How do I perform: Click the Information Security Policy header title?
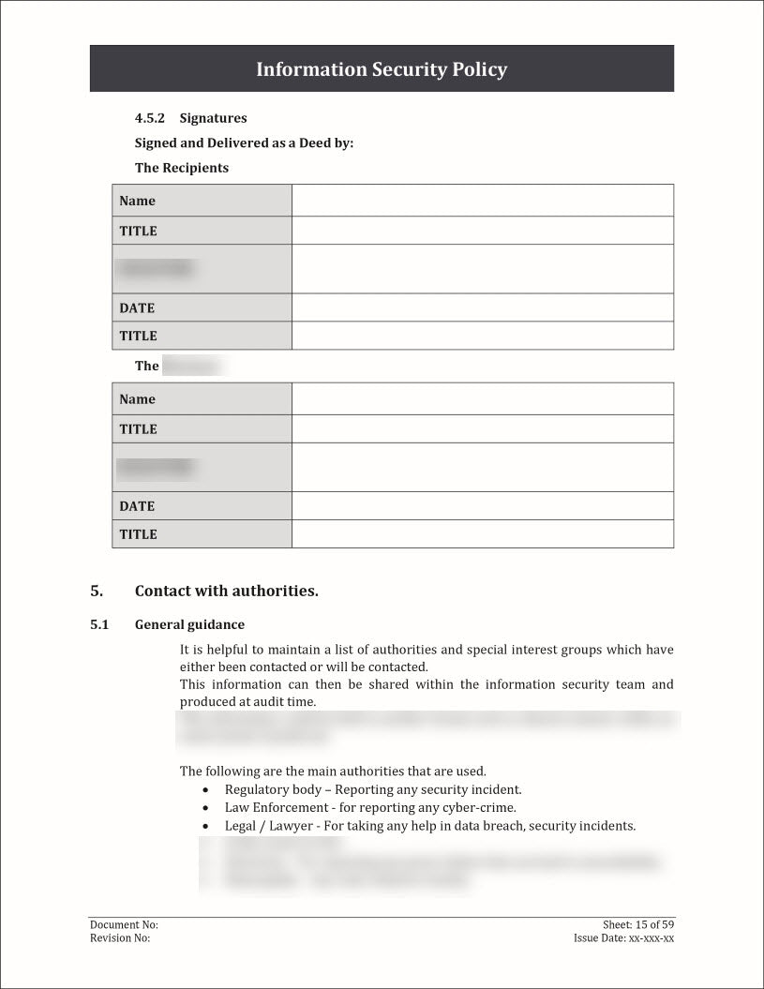pos(382,69)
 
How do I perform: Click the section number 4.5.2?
pos(149,118)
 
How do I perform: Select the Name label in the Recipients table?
pos(137,201)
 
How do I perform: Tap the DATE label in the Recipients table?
pos(137,307)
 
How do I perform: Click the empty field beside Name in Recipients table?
pos(482,201)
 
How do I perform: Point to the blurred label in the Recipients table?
pos(156,269)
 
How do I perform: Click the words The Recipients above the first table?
pos(182,168)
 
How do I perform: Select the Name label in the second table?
pos(137,399)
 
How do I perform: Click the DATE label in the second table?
pos(137,506)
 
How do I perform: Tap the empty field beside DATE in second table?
pos(482,506)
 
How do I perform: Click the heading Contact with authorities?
pos(227,591)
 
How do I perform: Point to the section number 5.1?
pos(99,624)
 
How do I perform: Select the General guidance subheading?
pos(189,624)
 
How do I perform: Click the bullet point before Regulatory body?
pos(205,790)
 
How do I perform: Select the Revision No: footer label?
pos(120,937)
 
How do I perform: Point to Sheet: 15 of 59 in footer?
pos(638,924)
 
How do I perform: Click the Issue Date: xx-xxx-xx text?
pos(624,937)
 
